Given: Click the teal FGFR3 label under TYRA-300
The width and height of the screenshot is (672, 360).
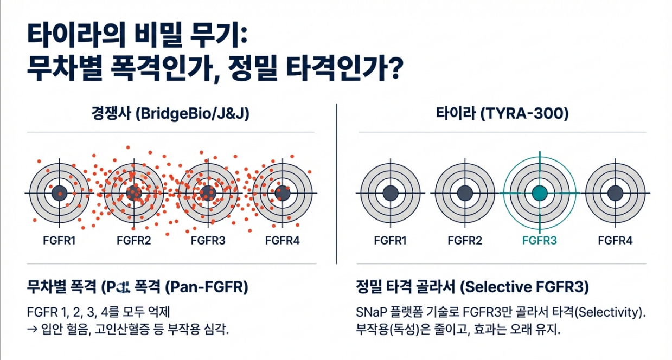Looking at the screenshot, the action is point(539,240).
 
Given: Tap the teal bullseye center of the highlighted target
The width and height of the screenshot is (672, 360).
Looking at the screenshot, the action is point(539,193).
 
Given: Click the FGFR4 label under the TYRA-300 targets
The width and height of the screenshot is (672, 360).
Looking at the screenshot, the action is point(615,240).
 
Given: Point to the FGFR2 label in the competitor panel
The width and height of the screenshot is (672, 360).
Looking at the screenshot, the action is point(133,240).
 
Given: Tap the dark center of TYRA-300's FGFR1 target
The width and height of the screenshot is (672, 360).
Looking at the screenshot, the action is point(389,193).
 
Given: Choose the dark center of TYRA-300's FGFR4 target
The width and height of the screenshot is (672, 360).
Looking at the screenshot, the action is point(615,193).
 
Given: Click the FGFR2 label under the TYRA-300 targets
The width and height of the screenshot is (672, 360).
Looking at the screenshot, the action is point(464,240).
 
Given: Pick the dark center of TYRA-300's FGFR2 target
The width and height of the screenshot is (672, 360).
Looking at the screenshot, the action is point(464,193).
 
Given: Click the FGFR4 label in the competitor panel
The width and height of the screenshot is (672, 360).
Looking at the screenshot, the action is point(282,240).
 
